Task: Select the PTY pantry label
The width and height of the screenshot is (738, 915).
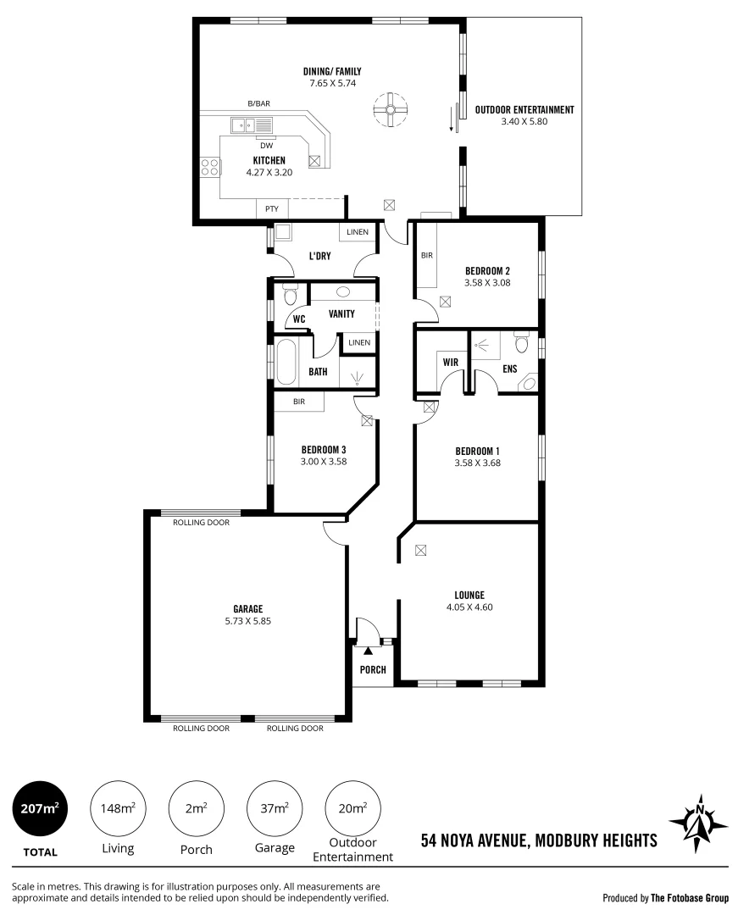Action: (x=272, y=208)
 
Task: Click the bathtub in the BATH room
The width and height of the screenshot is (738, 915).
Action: (x=286, y=363)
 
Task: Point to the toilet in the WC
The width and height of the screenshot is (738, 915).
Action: (x=290, y=296)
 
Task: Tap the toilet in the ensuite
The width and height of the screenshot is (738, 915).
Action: (x=522, y=343)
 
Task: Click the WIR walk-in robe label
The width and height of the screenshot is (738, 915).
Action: (x=451, y=362)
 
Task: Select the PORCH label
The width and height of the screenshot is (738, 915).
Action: (x=373, y=669)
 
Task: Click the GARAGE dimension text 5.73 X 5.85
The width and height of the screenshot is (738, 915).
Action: (x=248, y=620)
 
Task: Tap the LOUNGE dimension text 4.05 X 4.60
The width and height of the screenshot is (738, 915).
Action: (x=469, y=607)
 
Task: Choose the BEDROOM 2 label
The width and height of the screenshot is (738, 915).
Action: (x=486, y=270)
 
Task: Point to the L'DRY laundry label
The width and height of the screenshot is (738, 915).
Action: (x=319, y=255)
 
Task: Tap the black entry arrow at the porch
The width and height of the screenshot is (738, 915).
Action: (x=368, y=651)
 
